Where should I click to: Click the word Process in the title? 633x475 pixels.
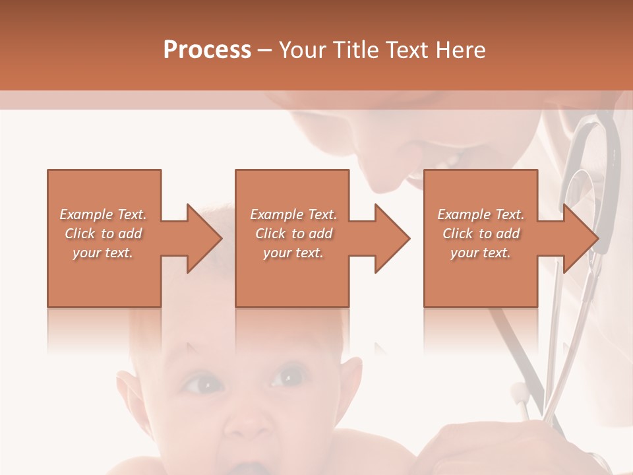point(207,50)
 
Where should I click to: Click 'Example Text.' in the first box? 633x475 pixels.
point(103,214)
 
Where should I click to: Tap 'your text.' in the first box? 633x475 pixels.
point(103,253)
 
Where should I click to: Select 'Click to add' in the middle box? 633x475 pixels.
point(293,234)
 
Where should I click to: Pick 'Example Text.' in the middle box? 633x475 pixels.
point(293,214)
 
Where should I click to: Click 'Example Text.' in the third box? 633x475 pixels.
point(481,214)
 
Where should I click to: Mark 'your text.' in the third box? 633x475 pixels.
point(481,253)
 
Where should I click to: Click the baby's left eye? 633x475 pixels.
point(202,383)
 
